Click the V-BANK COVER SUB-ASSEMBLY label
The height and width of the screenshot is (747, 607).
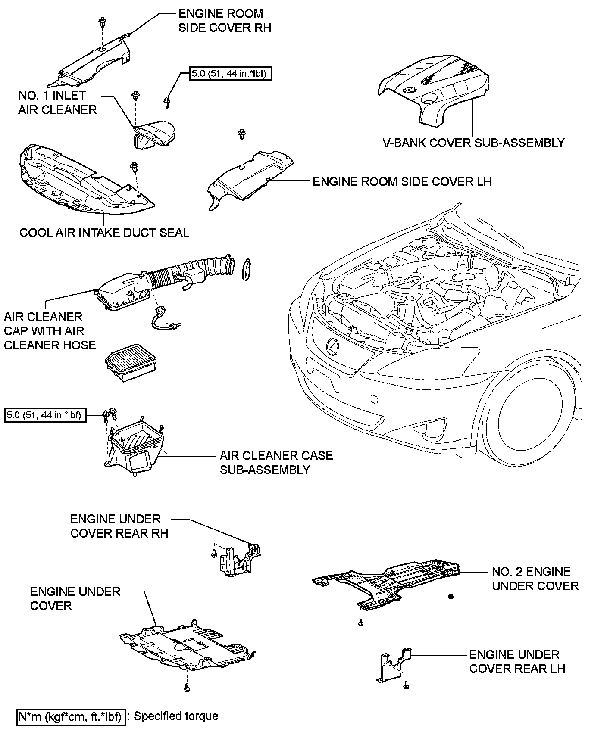(x=473, y=143)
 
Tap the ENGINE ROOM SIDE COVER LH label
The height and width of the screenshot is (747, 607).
(x=402, y=181)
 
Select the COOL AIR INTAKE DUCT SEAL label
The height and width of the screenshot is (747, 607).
(x=104, y=233)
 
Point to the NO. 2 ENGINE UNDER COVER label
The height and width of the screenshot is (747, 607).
(x=535, y=579)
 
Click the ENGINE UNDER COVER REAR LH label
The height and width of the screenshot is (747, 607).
(x=517, y=661)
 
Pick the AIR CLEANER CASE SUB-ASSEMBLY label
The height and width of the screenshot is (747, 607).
(x=276, y=462)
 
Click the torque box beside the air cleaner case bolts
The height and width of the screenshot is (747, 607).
(x=45, y=415)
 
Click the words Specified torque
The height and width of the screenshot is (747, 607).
(x=176, y=716)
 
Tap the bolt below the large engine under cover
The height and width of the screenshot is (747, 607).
(x=187, y=688)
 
